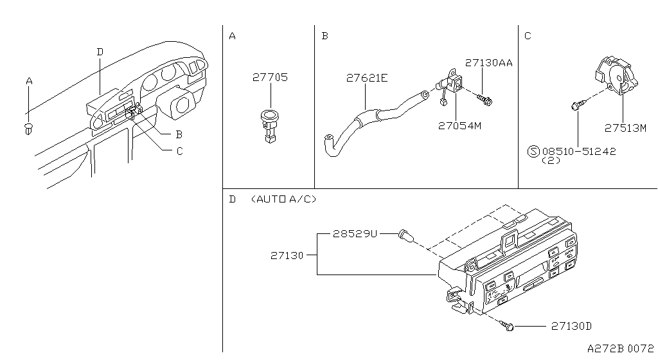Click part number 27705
pos(270,77)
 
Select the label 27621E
pos(367,78)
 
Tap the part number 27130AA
pos(488,63)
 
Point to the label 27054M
pos(458,126)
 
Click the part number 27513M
pos(625,127)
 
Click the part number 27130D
pos(571,327)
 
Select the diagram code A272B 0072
pos(620,348)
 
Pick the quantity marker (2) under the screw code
pos(551,161)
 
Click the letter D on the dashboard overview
pos(100,51)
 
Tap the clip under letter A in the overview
pos(29,128)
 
